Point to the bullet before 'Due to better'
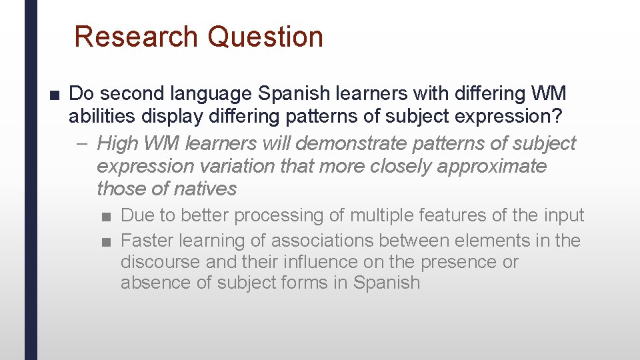(x=107, y=217)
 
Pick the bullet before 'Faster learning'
(x=107, y=241)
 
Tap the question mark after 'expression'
(x=560, y=116)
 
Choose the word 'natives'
(x=205, y=189)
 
